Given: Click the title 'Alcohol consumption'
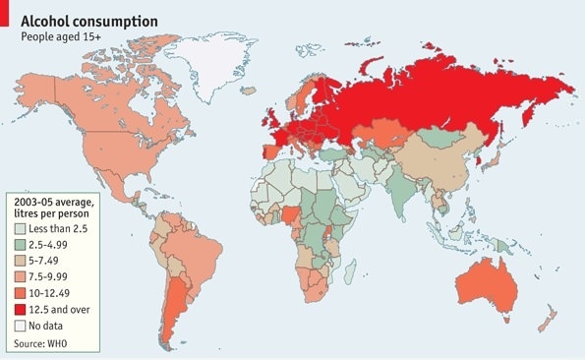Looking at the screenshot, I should coord(89,19).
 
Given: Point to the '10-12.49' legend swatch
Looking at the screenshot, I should coord(20,294).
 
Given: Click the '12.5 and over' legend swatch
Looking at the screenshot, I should coord(20,311).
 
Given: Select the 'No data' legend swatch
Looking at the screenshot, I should coord(20,327).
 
